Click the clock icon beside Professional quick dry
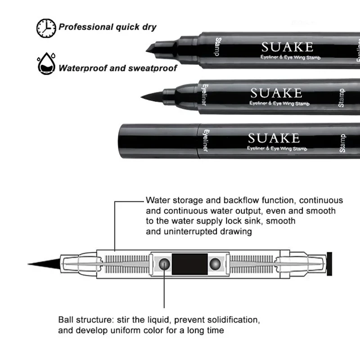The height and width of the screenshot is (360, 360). pos(45,27)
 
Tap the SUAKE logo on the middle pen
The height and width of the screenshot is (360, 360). pos(276,93)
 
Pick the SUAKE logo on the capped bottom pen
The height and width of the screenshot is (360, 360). pos(274,137)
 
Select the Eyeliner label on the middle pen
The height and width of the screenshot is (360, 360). pos(204,95)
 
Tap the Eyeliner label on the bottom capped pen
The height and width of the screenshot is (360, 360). pos(203,141)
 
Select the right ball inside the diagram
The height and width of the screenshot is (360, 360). pos(218,263)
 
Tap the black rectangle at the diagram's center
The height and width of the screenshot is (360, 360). pos(190,263)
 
